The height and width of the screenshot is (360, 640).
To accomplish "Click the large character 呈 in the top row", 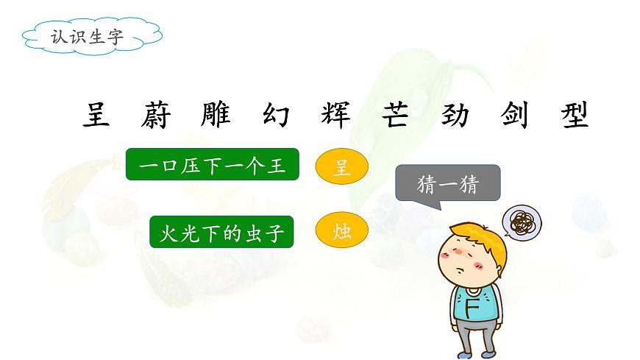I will [96, 115].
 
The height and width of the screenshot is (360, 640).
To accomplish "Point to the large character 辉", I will [335, 115].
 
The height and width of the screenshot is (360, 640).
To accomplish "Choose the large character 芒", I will [397, 115].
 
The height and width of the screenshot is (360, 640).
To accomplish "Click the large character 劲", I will [455, 115].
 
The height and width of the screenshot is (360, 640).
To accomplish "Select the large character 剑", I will [516, 115].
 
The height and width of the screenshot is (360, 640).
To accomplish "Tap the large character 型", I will [575, 115].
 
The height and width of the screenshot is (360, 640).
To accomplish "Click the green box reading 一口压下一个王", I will [212, 165].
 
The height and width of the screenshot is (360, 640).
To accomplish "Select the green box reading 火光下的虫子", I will [221, 232].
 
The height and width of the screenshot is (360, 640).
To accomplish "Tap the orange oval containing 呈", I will [341, 167].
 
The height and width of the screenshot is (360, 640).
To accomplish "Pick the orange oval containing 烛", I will [341, 232].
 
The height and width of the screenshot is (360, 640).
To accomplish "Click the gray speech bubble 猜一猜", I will [447, 183].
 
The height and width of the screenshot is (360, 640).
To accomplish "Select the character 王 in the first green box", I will [276, 165].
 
